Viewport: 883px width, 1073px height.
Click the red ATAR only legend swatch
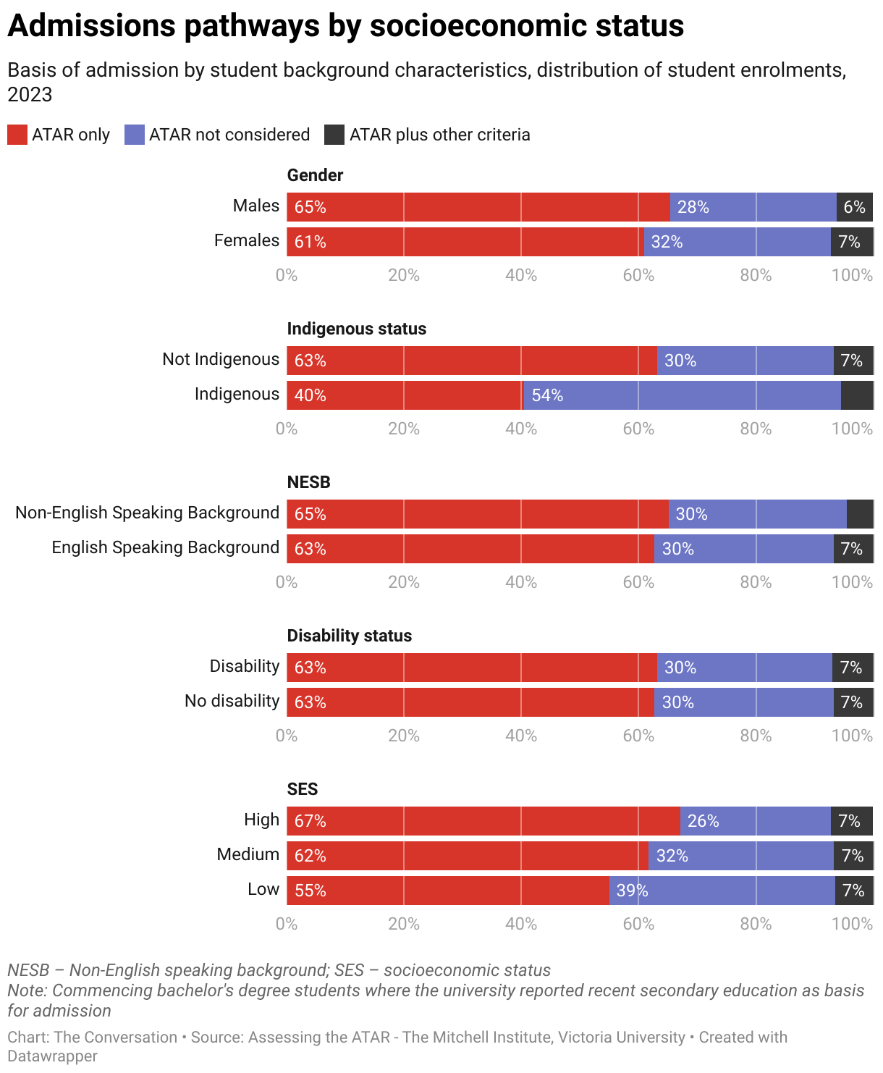point(17,135)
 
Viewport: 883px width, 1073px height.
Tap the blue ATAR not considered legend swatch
point(135,135)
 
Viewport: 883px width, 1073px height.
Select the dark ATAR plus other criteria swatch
point(334,135)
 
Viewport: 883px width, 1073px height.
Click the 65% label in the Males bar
point(310,207)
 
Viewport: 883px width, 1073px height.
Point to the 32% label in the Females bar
point(667,242)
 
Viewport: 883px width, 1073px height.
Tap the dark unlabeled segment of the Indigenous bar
point(857,395)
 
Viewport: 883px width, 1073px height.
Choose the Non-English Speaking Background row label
point(147,513)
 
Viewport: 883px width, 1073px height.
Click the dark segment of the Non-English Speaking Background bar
point(860,514)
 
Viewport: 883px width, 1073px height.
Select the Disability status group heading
point(350,636)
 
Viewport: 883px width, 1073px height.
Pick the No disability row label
point(232,701)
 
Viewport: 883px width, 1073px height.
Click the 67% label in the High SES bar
point(310,821)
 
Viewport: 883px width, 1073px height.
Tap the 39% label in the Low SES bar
point(632,891)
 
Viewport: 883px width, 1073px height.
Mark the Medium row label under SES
point(248,854)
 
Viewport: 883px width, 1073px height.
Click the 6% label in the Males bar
point(854,207)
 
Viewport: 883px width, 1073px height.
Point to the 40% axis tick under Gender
point(521,275)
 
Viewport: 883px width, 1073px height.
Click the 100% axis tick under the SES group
point(852,924)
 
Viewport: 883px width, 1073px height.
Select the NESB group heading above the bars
point(308,482)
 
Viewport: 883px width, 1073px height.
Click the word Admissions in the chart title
point(91,26)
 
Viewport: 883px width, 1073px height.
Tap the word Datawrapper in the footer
point(52,1056)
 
